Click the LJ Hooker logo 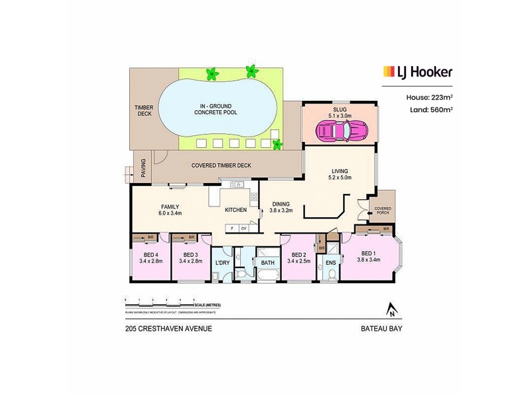pyautogui.click(x=418, y=72)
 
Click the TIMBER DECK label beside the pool pyautogui.click(x=143, y=110)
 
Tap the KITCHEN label pyautogui.click(x=236, y=210)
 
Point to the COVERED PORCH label pyautogui.click(x=383, y=211)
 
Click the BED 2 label pyautogui.click(x=298, y=255)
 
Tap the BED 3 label pyautogui.click(x=191, y=255)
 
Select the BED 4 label pyautogui.click(x=151, y=255)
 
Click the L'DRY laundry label pyautogui.click(x=222, y=263)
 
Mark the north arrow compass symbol pyautogui.click(x=391, y=309)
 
